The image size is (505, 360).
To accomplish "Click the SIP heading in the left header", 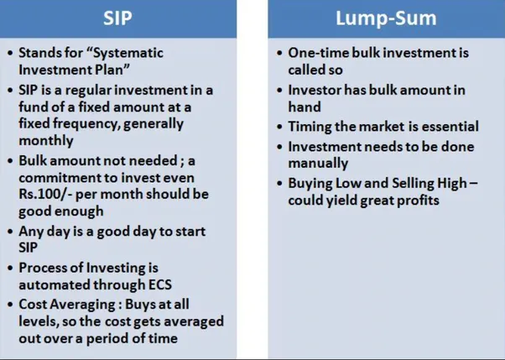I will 117,18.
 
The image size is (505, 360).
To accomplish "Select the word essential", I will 449,126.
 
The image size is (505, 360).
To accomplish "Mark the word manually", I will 318,163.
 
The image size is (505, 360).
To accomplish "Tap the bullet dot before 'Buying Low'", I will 280,183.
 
